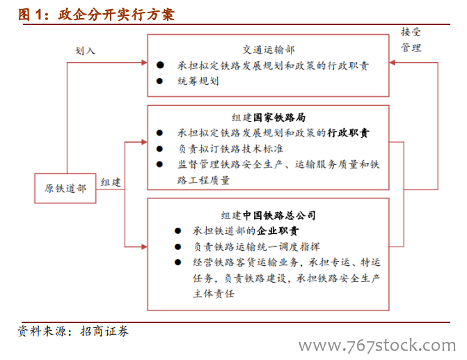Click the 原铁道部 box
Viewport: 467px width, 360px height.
65,188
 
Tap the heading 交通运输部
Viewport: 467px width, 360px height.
269,49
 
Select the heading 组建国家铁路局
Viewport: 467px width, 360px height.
269,118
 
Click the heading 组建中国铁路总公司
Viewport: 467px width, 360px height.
269,215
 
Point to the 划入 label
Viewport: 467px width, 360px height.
85,51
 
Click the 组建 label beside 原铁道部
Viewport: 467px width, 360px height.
111,182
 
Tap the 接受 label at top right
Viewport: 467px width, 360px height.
411,31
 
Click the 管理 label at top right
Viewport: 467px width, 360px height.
411,47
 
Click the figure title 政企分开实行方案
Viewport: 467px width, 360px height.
116,15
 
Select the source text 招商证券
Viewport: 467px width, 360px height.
104,331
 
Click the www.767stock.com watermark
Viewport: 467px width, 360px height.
377,345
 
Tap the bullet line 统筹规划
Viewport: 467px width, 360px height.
198,81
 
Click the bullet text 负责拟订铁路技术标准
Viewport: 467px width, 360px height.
230,149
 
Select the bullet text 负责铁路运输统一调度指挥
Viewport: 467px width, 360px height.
256,246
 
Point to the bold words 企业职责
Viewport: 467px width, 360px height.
278,231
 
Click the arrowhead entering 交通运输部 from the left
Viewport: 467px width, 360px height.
145,63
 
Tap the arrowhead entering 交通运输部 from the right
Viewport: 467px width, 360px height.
393,63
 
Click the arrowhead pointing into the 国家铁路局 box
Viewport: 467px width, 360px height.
145,142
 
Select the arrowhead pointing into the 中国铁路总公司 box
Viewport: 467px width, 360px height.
145,246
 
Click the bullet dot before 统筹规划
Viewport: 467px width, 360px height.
159,81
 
